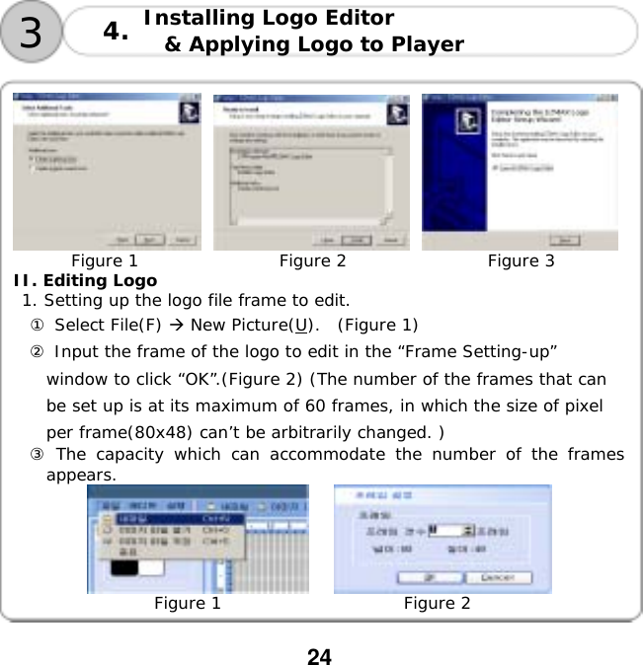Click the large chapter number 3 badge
(32, 32)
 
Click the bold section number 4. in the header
(116, 33)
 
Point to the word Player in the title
(427, 44)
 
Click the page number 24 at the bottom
(319, 656)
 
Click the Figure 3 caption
(521, 260)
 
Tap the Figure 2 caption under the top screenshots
(312, 260)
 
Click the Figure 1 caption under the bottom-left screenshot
(188, 604)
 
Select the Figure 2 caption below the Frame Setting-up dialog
(437, 604)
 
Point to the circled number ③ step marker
(37, 454)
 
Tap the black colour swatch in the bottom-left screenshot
(124, 567)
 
